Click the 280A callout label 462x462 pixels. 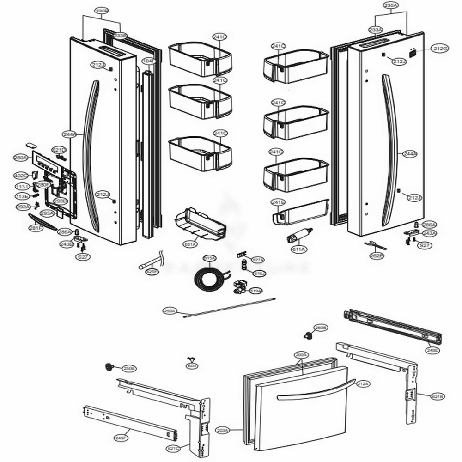click(x=21, y=158)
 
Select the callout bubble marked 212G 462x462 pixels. click(x=440, y=49)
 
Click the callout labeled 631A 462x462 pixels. click(x=190, y=244)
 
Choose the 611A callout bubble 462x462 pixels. click(x=298, y=250)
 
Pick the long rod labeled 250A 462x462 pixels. click(x=231, y=307)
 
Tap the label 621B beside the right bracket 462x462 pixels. click(x=437, y=396)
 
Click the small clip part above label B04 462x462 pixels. click(x=190, y=359)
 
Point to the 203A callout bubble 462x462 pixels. click(x=223, y=430)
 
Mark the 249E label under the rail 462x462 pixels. click(x=433, y=350)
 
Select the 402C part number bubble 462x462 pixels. click(x=20, y=176)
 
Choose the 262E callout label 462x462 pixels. click(x=377, y=255)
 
